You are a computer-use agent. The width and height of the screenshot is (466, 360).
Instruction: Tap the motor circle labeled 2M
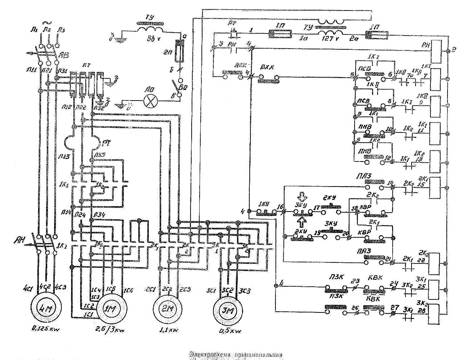(x=167, y=309)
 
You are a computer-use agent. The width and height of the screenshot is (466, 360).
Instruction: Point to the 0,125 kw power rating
(x=45, y=330)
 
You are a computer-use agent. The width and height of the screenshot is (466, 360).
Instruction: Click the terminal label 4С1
(x=35, y=287)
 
